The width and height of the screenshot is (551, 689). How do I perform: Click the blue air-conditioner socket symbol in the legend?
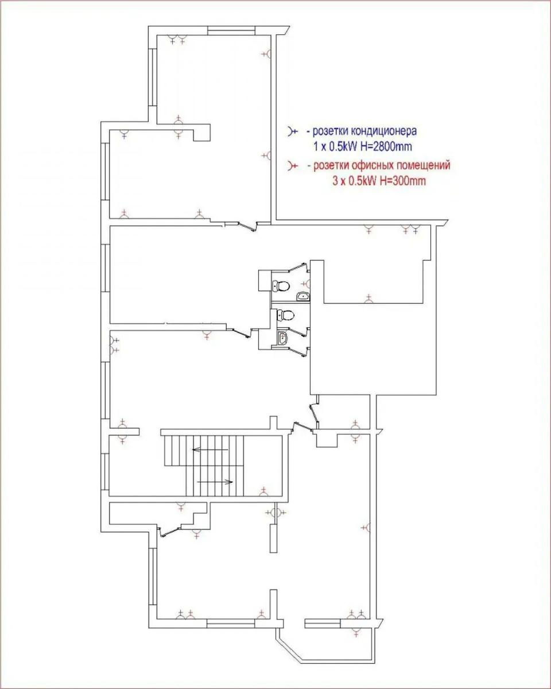click(293, 131)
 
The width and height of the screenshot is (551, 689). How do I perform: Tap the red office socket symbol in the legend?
click(293, 166)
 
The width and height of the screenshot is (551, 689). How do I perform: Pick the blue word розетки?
click(331, 131)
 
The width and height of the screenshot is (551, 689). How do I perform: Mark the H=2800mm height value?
click(386, 146)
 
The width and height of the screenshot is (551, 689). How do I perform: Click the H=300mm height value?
click(403, 181)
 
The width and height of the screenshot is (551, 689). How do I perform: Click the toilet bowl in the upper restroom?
click(281, 285)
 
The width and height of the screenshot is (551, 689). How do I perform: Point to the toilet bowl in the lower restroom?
click(286, 315)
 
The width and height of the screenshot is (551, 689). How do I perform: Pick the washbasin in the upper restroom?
click(303, 297)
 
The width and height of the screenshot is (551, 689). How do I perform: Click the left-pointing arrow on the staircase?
click(210, 450)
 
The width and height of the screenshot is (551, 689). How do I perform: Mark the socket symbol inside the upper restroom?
click(306, 284)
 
